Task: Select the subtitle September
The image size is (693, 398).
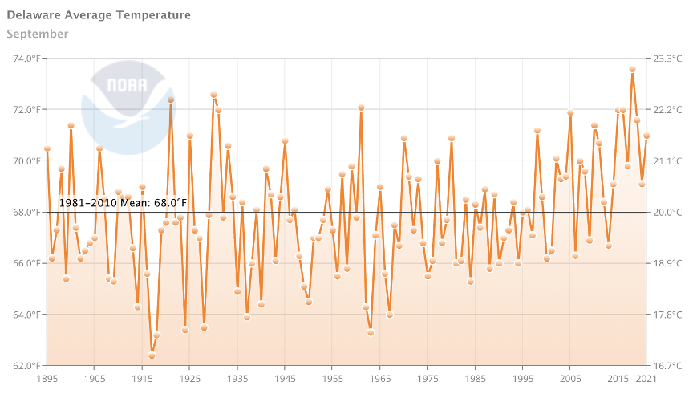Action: tap(37, 34)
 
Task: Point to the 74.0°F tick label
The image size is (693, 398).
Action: tap(27, 59)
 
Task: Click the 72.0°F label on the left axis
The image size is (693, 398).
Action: tap(27, 110)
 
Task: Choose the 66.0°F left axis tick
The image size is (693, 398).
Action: tap(27, 263)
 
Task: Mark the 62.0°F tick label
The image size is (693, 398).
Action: tap(27, 366)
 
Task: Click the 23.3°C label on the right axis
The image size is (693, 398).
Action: tap(669, 59)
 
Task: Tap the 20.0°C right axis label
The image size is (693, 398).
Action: tap(669, 213)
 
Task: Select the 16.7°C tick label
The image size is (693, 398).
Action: tap(669, 366)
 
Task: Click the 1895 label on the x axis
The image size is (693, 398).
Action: tap(47, 378)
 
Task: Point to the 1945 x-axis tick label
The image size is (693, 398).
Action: tap(285, 378)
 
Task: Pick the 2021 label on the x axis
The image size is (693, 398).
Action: tap(646, 378)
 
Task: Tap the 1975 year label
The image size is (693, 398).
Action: tap(428, 378)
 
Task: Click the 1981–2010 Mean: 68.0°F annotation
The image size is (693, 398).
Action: tap(122, 203)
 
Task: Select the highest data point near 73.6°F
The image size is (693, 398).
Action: tap(632, 69)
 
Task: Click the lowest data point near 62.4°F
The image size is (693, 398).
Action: tap(152, 355)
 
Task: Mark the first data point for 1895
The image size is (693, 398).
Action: tap(47, 148)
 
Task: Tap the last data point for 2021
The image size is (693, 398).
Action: tap(646, 136)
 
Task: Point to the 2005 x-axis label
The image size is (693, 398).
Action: tap(570, 378)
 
